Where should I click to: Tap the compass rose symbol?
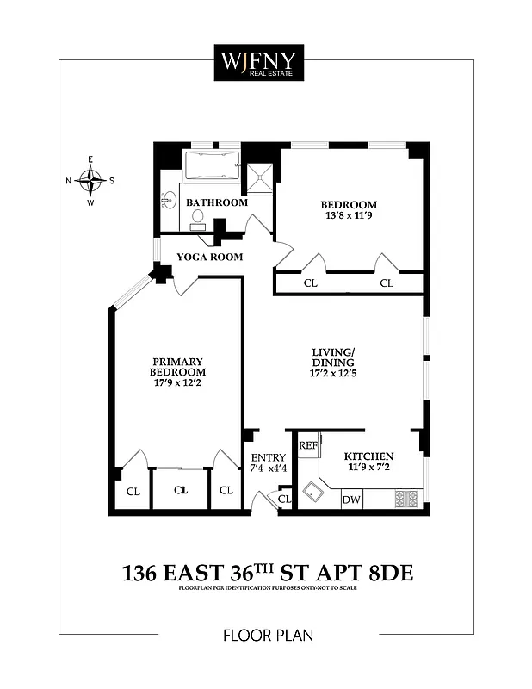90,180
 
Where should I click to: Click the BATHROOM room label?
217,202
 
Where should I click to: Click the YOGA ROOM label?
209,257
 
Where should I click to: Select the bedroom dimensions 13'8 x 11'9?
349,218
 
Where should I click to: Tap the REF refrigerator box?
308,445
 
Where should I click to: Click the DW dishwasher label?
351,500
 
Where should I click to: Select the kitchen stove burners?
405,499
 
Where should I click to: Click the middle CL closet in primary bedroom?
180,490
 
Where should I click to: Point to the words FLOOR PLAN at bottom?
267,636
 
